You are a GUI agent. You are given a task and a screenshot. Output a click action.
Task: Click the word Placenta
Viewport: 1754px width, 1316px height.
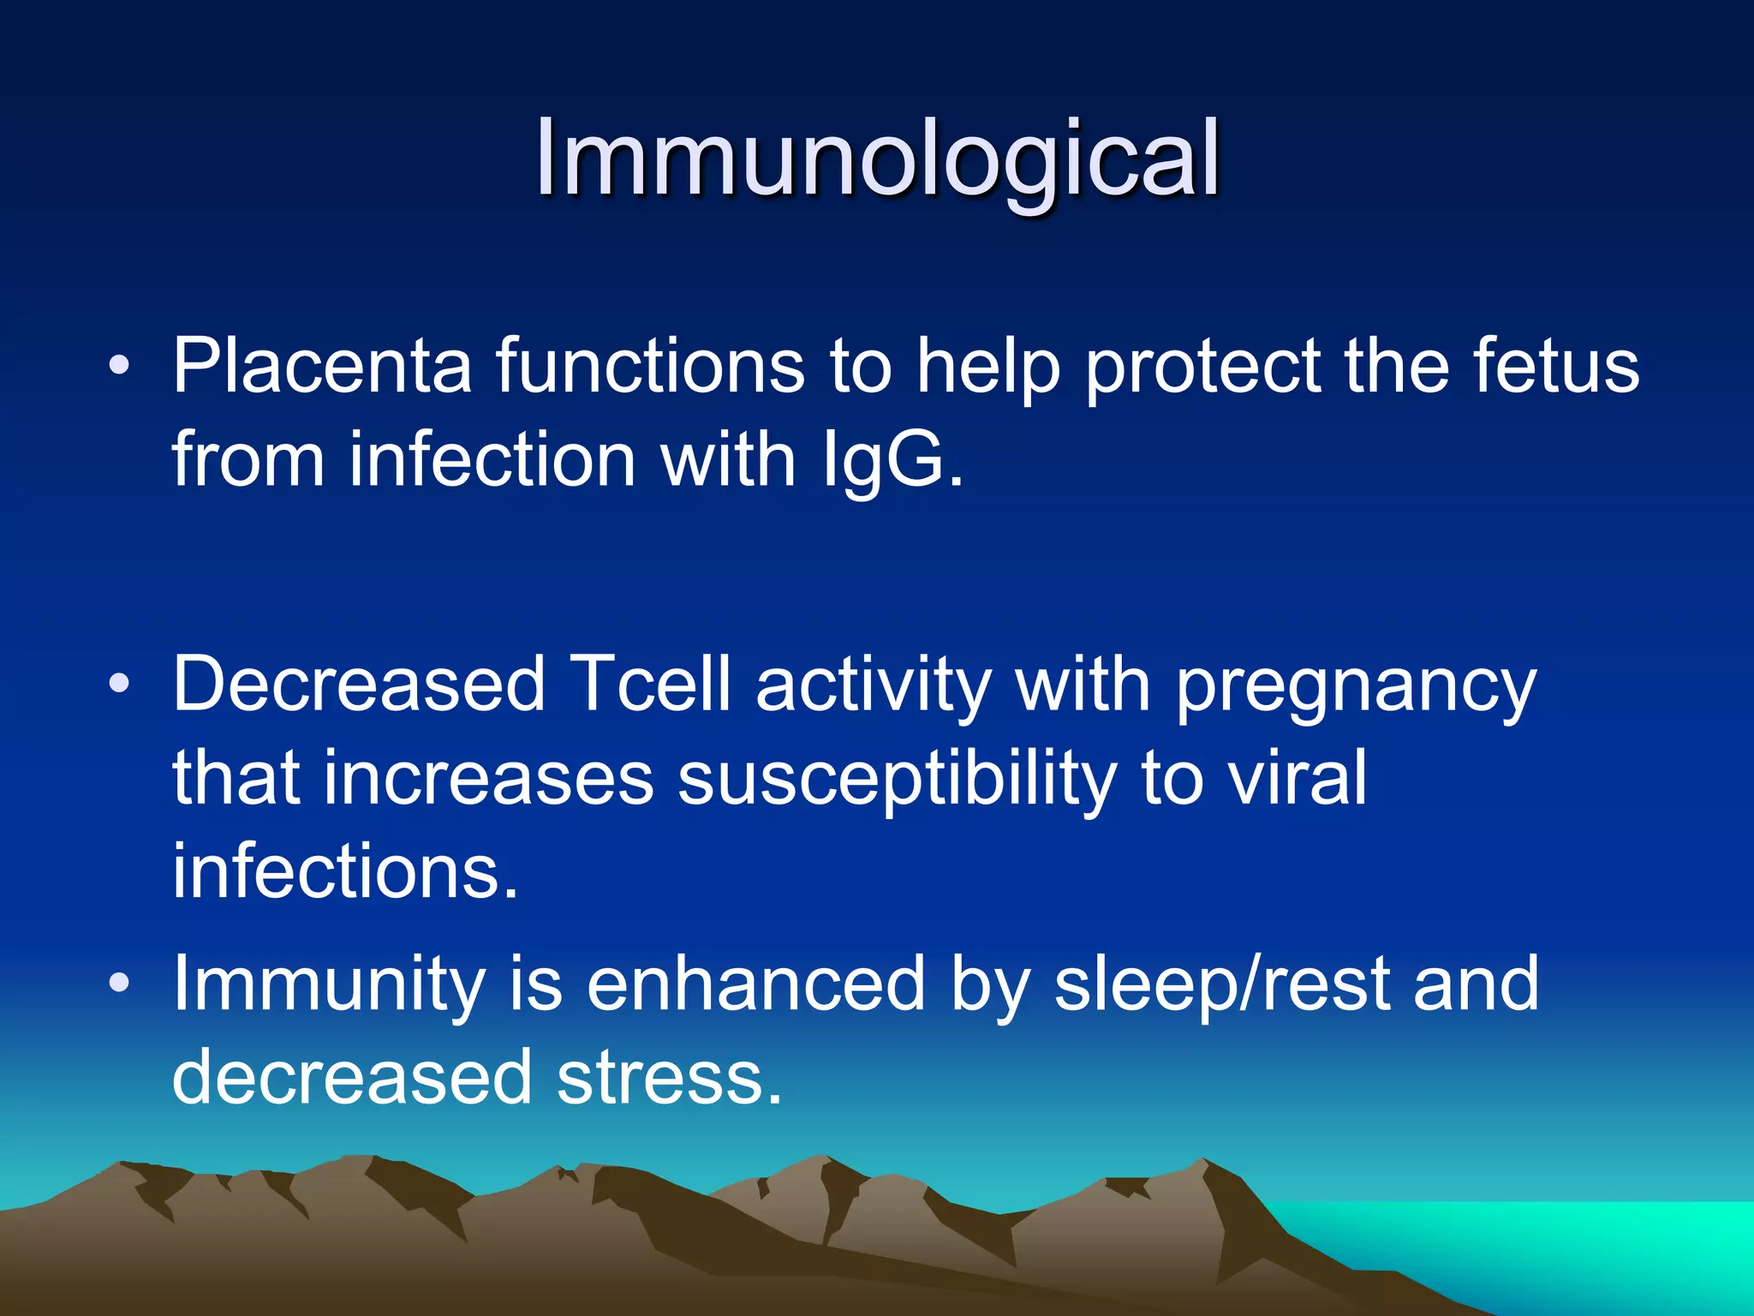tap(322, 367)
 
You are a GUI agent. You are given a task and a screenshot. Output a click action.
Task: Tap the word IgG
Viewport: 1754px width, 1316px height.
tap(892, 461)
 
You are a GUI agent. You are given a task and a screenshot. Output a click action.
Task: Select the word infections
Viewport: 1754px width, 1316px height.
tap(345, 871)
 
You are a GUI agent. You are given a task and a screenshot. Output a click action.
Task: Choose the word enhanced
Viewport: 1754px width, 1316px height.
tap(755, 984)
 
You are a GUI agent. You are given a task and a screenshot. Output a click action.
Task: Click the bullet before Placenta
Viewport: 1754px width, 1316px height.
tap(119, 368)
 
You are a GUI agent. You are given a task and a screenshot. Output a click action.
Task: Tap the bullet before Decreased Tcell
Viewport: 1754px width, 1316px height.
tap(119, 685)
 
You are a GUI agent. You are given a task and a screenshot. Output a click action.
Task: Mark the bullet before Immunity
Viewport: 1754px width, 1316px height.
tap(119, 984)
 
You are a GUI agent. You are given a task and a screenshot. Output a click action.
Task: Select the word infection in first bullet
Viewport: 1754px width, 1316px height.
tap(492, 461)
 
